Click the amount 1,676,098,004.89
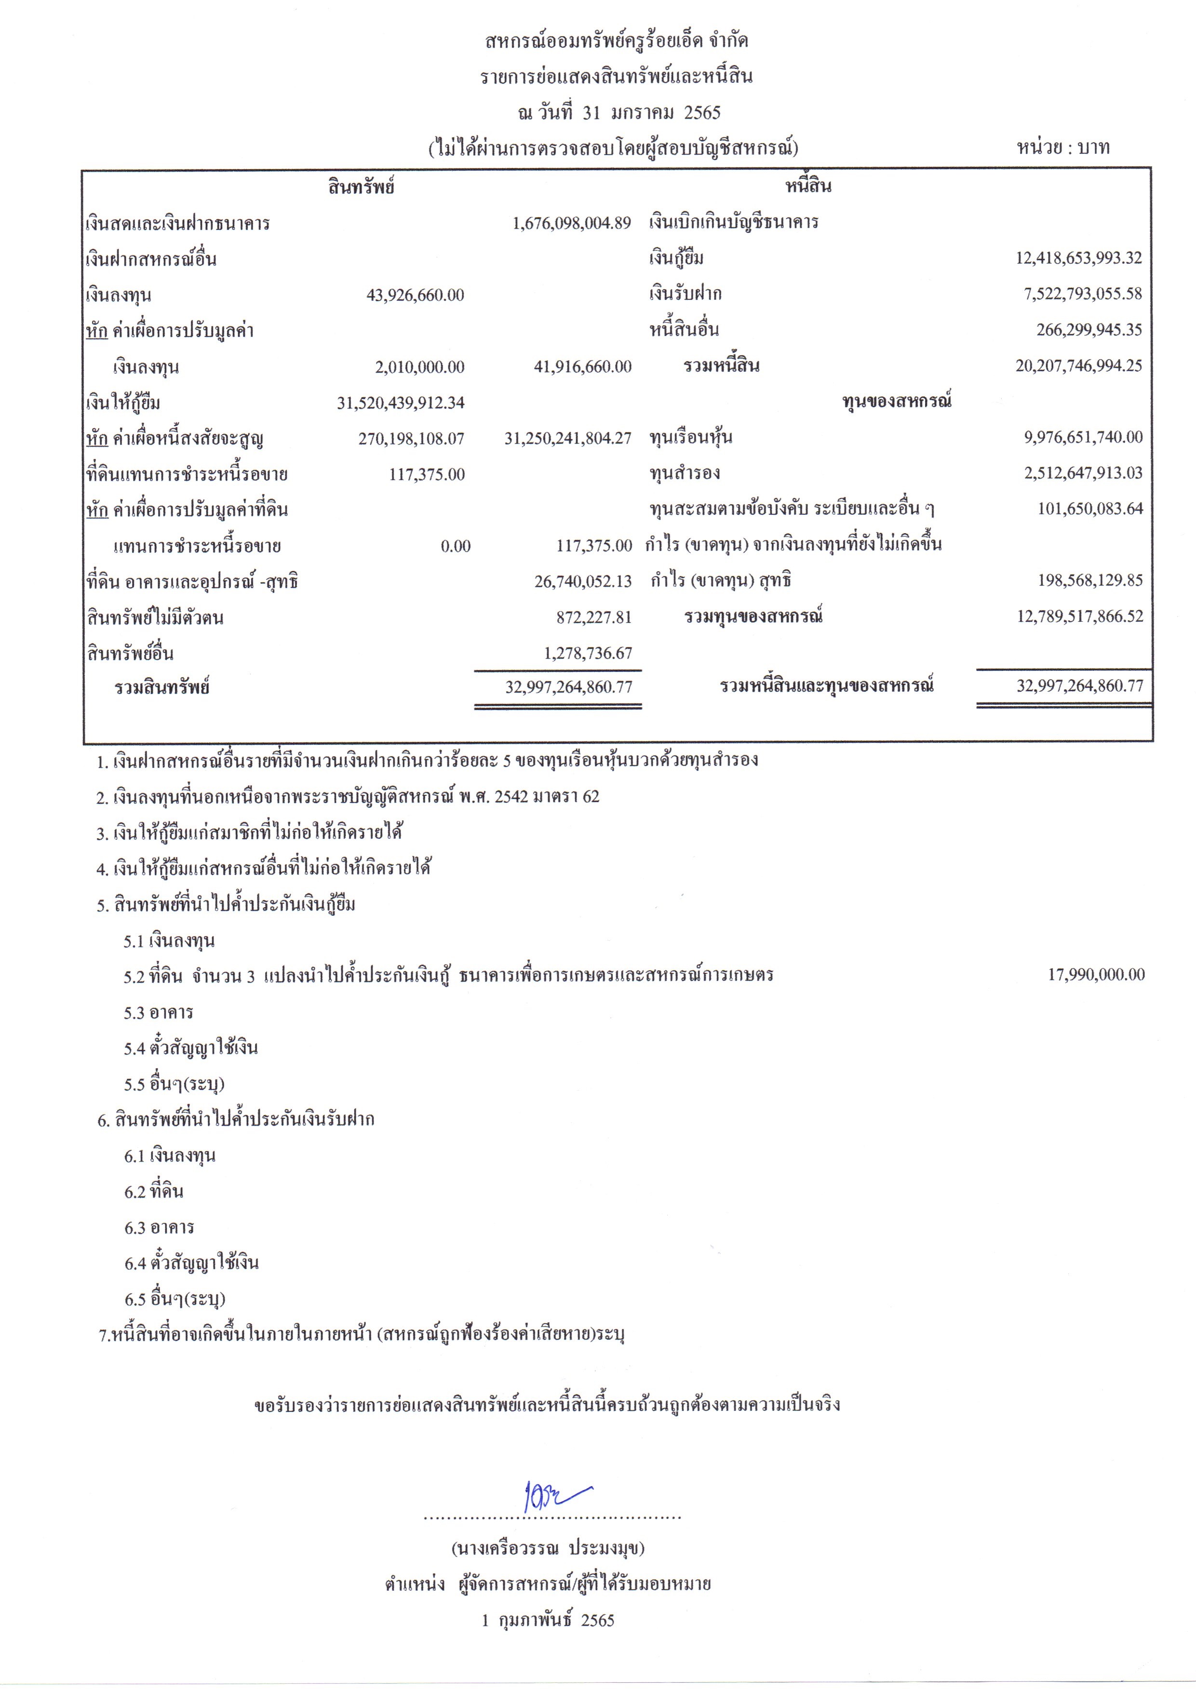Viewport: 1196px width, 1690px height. pos(572,223)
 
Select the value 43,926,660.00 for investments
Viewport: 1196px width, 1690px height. pos(416,295)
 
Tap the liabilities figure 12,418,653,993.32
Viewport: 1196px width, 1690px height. pos(1079,258)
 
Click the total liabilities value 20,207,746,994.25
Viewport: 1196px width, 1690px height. pos(1079,365)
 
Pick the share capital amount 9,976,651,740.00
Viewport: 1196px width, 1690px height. pos(1083,437)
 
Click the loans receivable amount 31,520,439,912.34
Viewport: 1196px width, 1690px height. pos(401,403)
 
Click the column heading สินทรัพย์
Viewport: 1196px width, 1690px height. pos(362,187)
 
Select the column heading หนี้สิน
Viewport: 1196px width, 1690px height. pos(808,187)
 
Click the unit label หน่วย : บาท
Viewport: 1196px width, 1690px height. pos(1062,148)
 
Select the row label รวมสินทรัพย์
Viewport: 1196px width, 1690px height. pos(162,688)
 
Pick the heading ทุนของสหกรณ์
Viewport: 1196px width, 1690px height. pos(896,402)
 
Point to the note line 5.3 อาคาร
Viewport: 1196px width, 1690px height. pos(158,1013)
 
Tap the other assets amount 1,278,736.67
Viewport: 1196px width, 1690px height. pos(588,653)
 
